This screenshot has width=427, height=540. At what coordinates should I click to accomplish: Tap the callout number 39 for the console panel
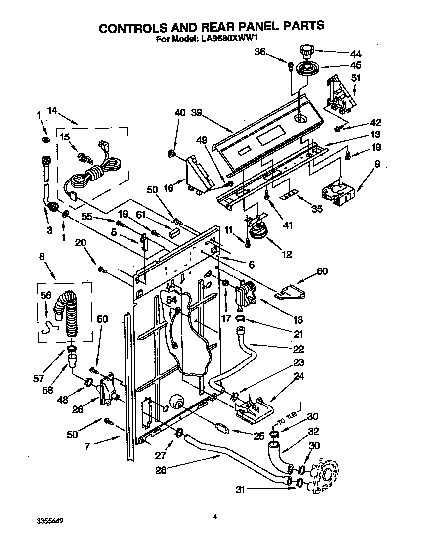click(x=197, y=113)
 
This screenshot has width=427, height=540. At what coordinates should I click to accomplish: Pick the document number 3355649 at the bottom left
click(x=50, y=521)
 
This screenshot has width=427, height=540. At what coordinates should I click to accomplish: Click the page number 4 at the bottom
click(x=215, y=517)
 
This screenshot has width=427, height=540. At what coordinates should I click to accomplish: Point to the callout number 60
click(x=322, y=271)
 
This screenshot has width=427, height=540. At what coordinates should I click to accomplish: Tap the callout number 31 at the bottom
click(x=240, y=490)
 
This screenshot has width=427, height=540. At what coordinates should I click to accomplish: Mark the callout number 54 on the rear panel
click(x=171, y=300)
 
